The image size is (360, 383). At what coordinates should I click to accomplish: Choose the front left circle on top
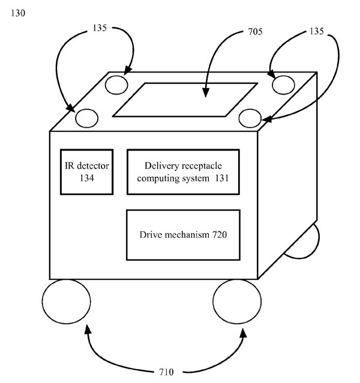click(86, 117)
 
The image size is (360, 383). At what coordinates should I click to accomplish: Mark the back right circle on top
click(282, 85)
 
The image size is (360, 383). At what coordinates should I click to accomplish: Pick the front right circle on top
click(249, 117)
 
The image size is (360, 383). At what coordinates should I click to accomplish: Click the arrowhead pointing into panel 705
click(206, 92)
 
